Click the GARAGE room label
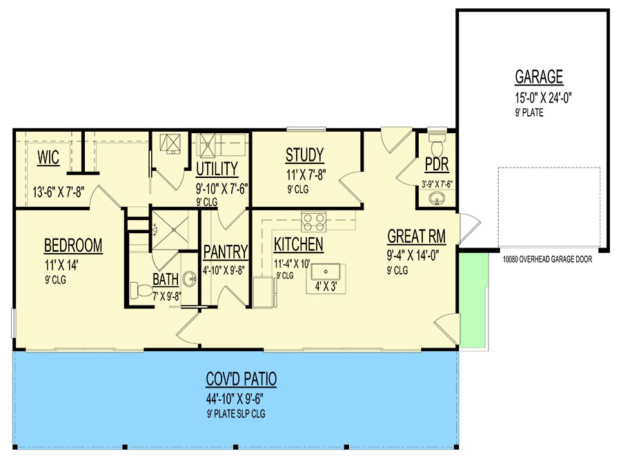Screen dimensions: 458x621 [x=539, y=77]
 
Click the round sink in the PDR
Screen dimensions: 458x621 [x=436, y=199]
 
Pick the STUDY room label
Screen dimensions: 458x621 [x=304, y=155]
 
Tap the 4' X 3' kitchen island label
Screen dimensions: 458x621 [x=326, y=285]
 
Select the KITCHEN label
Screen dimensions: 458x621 [x=298, y=244]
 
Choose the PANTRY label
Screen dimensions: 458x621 [x=226, y=250]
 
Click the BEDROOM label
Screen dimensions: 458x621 [x=73, y=245]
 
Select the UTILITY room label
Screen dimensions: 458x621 [x=217, y=169]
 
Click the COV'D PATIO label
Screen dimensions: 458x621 [x=241, y=379]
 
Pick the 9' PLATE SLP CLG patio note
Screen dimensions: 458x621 [x=236, y=414]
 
